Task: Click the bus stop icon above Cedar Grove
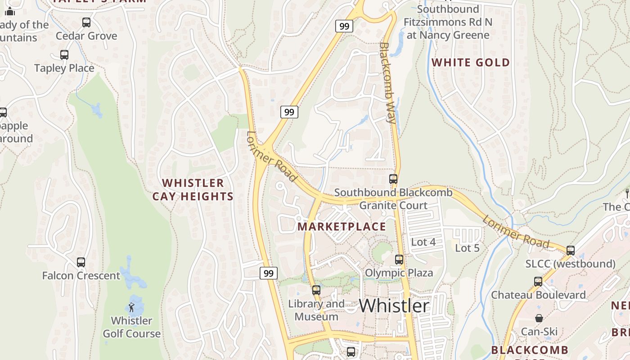click(86, 22)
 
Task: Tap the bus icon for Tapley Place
click(64, 55)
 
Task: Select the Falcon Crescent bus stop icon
click(81, 262)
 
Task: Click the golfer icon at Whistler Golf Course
click(131, 307)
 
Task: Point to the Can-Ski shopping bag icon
click(539, 318)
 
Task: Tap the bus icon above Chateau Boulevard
click(538, 282)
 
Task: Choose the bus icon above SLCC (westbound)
click(571, 250)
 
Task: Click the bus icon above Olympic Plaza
click(399, 259)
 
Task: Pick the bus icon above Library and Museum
click(316, 290)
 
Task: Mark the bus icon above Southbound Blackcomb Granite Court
click(393, 179)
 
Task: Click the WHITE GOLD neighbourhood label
click(471, 63)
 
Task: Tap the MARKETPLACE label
click(342, 226)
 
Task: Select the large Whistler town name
click(394, 306)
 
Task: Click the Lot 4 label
click(423, 242)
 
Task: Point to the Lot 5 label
click(467, 248)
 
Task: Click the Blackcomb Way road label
click(388, 83)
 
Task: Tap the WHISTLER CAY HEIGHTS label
click(193, 189)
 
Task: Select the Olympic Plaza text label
click(399, 273)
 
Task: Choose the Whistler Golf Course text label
click(132, 327)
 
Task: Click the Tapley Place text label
click(64, 68)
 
